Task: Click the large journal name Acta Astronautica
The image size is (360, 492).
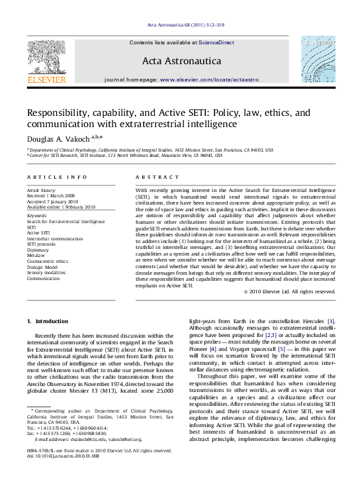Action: tap(179, 62)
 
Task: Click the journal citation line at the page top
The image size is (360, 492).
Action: tap(180, 26)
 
